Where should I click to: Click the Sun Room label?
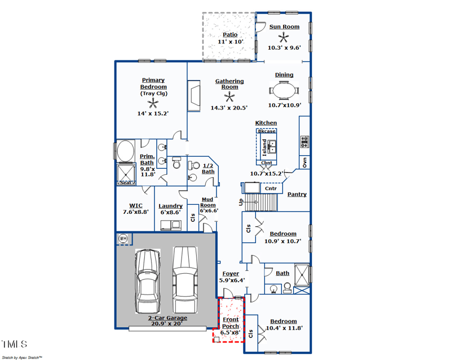tap(284, 27)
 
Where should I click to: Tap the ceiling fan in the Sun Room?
tap(285, 38)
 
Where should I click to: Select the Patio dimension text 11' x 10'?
tap(229, 42)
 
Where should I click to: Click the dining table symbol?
tap(284, 90)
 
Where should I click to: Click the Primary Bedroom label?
tap(153, 84)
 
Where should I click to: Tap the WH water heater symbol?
tap(123, 239)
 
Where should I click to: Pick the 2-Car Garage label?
tap(168, 318)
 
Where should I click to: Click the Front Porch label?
tap(230, 323)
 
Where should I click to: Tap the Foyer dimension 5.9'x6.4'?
tap(232, 280)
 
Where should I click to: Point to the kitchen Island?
tap(266, 147)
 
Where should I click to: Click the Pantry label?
tap(297, 194)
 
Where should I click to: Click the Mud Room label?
tap(209, 202)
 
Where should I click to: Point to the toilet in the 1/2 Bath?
tap(176, 164)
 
